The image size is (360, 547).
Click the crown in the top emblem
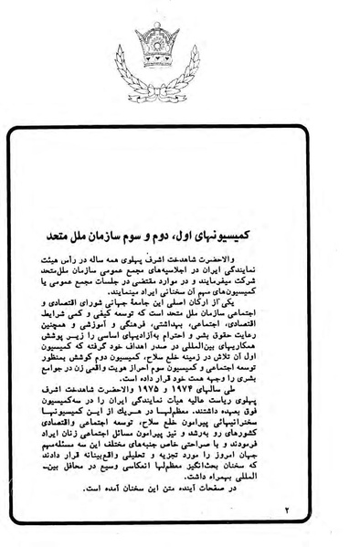pyautogui.click(x=179, y=28)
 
